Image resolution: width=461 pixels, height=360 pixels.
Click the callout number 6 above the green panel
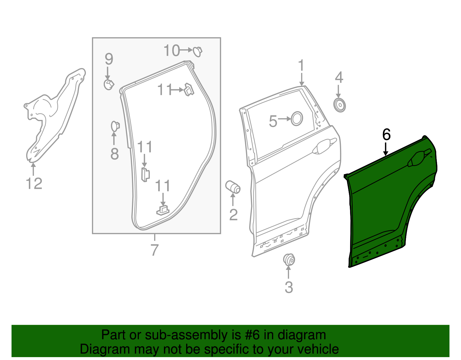[386, 134]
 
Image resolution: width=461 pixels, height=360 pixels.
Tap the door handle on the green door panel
[418, 158]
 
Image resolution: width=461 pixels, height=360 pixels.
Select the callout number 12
[34, 183]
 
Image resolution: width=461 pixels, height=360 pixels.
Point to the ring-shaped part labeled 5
[297, 118]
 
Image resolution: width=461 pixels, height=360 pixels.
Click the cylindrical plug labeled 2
[233, 187]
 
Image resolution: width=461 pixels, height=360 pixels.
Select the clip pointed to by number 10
[198, 51]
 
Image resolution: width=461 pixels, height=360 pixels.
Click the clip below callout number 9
[109, 84]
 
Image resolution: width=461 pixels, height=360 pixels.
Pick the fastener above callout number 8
[115, 126]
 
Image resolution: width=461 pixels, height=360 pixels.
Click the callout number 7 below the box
[155, 250]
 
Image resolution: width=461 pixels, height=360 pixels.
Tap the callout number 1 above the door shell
[301, 66]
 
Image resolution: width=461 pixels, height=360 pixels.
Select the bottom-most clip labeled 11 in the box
[163, 210]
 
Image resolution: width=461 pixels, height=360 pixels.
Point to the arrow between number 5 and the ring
[285, 119]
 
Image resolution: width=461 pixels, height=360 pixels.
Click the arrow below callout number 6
[386, 149]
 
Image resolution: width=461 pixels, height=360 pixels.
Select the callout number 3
[289, 287]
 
